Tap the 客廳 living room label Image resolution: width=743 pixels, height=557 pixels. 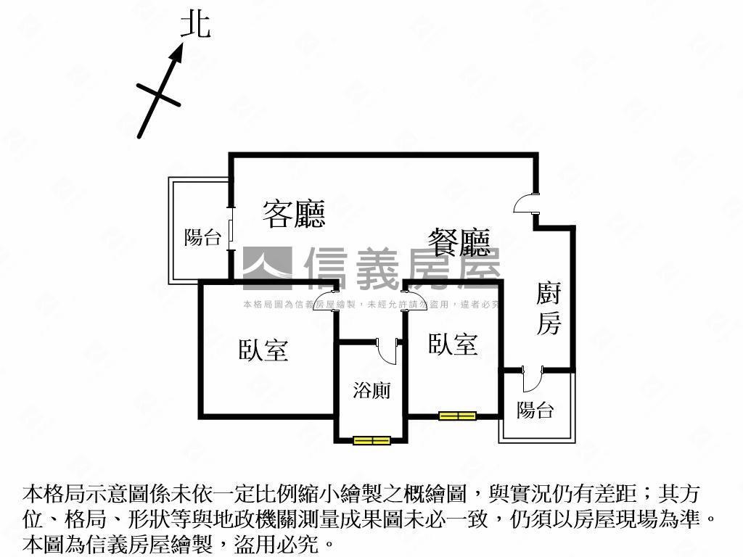pyautogui.click(x=293, y=214)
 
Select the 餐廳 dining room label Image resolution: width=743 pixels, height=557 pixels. pyautogui.click(x=459, y=242)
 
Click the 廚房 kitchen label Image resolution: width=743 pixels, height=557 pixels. pyautogui.click(x=549, y=309)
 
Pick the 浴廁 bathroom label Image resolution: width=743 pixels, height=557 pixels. pyautogui.click(x=371, y=391)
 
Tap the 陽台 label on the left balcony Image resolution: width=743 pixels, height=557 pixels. pyautogui.click(x=202, y=237)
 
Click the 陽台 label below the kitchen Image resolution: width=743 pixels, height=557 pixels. pyautogui.click(x=535, y=410)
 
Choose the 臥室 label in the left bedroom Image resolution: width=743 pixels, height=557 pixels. pyautogui.click(x=263, y=350)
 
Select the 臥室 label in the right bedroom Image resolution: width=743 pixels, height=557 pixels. pyautogui.click(x=453, y=344)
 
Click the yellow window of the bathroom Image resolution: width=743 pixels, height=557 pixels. pyautogui.click(x=371, y=440)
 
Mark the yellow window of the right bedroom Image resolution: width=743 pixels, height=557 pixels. pyautogui.click(x=457, y=416)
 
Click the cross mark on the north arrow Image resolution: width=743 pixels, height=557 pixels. pyautogui.click(x=158, y=94)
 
